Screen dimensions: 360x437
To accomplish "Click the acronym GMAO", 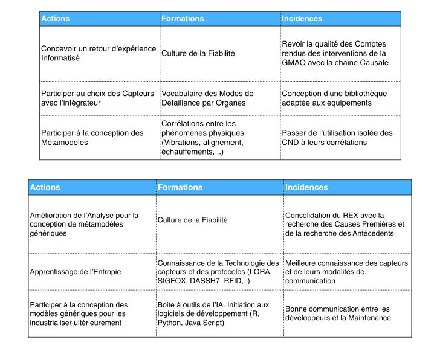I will pyautogui.click(x=294, y=62).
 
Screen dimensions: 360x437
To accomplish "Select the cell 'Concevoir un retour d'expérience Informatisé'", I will pyautogui.click(x=99, y=53).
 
